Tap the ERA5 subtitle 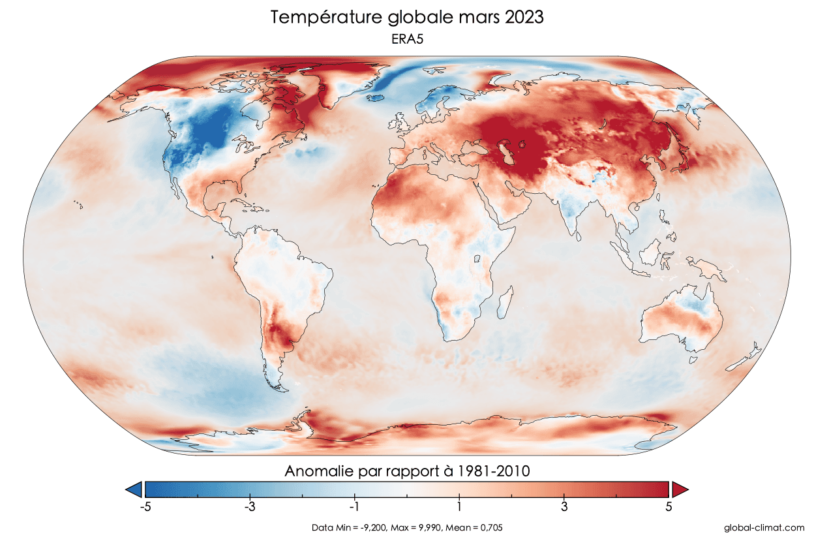(407, 39)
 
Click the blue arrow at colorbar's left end (134, 489)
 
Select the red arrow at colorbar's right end (680, 489)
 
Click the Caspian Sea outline (505, 153)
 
